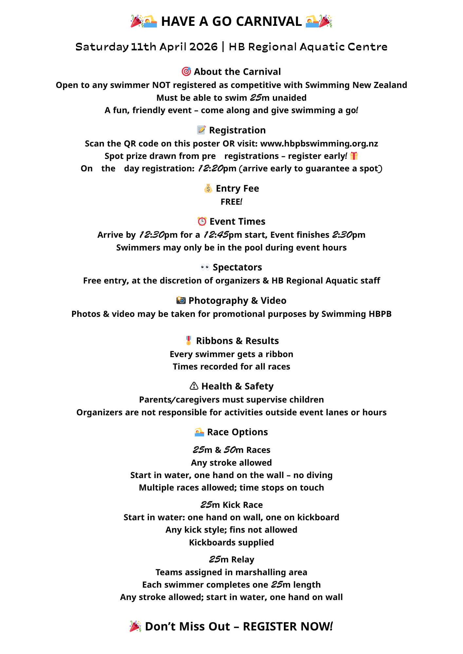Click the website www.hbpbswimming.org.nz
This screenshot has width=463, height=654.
[319, 144]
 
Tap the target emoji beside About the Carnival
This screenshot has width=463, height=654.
[186, 71]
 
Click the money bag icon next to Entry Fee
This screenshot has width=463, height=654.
[208, 188]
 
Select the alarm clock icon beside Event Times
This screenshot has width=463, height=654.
[202, 221]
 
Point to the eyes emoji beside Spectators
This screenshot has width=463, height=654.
[205, 267]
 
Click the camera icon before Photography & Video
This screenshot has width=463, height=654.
[181, 300]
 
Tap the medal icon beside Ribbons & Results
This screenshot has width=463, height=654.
[189, 340]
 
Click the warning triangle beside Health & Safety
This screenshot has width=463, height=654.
[194, 386]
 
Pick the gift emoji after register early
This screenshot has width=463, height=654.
[354, 156]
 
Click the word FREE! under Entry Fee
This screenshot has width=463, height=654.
[231, 202]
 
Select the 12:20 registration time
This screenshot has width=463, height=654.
[210, 168]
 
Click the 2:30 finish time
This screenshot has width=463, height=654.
[342, 235]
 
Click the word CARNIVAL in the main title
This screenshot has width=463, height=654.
[269, 22]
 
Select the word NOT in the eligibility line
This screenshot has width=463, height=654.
[161, 85]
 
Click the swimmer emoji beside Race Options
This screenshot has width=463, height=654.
[199, 432]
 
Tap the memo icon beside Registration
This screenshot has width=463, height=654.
[201, 130]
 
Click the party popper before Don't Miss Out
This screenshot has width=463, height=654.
[135, 626]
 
